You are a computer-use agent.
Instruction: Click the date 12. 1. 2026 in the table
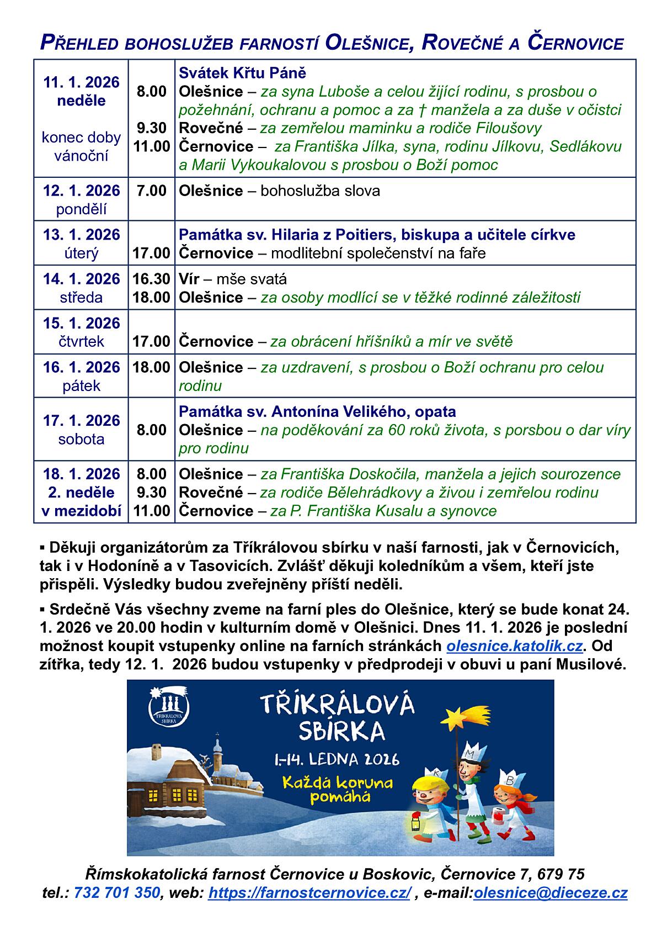(x=81, y=191)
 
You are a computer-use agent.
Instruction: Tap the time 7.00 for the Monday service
(x=151, y=191)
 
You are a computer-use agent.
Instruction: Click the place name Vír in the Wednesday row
(x=189, y=279)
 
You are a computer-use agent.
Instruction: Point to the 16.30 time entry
(x=151, y=279)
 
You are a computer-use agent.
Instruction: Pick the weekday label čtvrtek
(x=81, y=342)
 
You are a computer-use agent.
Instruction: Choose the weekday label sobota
(x=81, y=440)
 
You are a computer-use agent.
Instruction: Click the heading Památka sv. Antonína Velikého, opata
(x=317, y=412)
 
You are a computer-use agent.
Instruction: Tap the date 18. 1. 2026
(x=81, y=474)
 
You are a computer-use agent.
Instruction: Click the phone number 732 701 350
(x=116, y=893)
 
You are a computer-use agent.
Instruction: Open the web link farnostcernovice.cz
(x=309, y=893)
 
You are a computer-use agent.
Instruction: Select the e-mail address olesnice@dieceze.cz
(x=550, y=893)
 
